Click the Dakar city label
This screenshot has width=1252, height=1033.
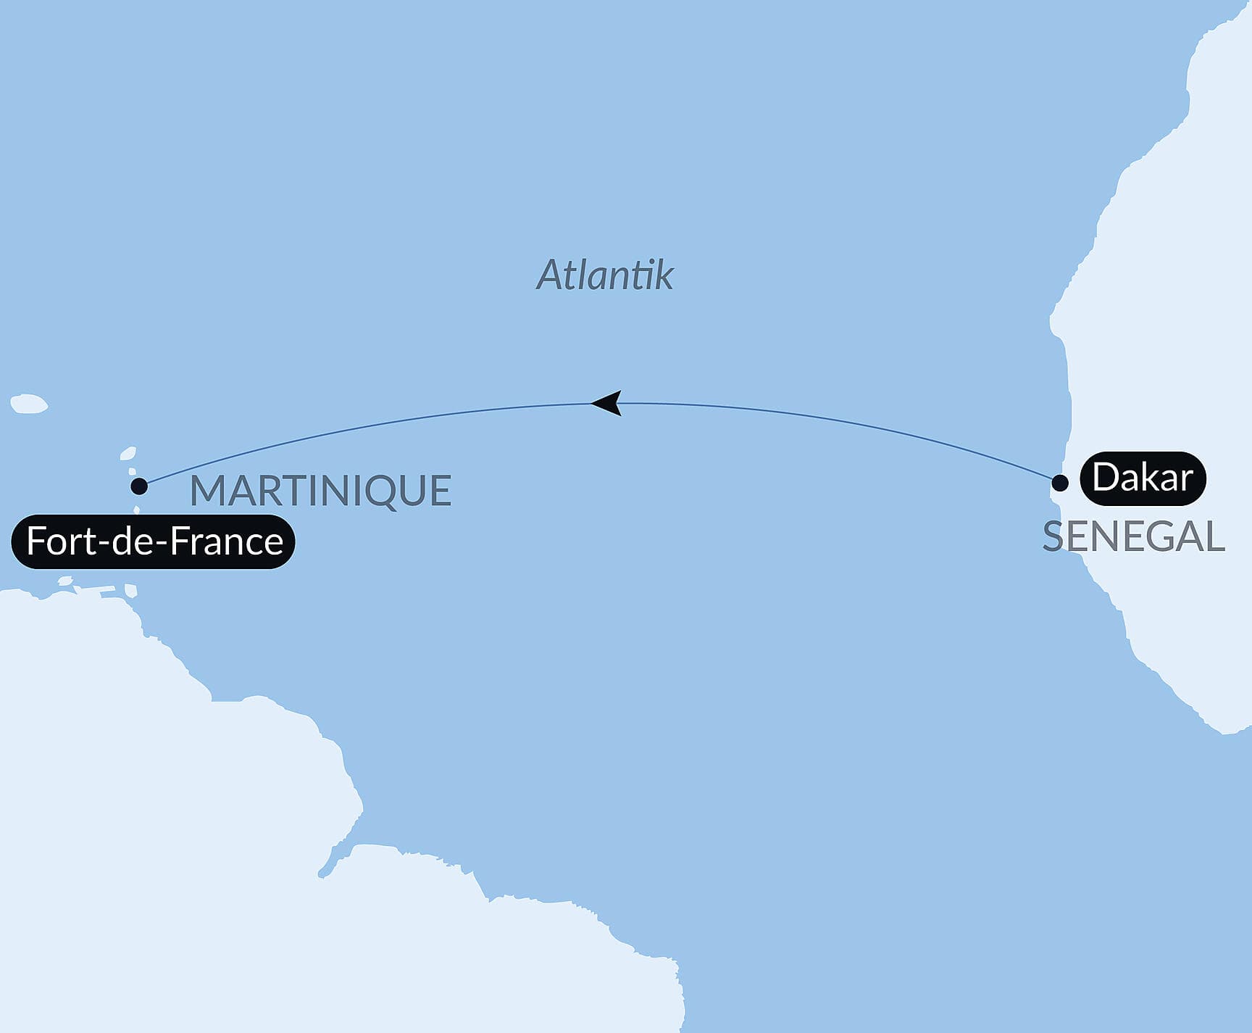1143,478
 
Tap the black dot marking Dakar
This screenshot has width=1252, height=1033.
1059,483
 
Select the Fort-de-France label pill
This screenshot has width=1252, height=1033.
154,542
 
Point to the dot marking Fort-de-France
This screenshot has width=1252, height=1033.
139,486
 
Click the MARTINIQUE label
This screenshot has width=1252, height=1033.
320,491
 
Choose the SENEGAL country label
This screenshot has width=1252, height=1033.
1133,537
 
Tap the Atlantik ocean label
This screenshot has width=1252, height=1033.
604,275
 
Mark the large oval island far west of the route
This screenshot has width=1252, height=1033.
29,404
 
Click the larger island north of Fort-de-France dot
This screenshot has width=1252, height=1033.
128,454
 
